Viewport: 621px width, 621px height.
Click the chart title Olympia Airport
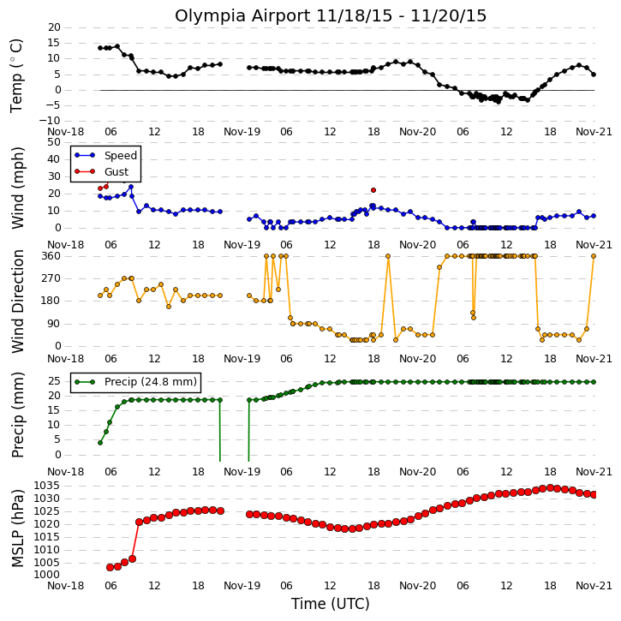(242, 16)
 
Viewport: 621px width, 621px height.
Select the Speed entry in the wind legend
(105, 156)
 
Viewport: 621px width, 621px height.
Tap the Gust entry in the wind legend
(102, 172)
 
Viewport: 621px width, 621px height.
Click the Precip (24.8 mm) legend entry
(136, 382)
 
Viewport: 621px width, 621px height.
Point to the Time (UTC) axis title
(331, 604)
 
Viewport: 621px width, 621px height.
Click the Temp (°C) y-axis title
(16, 75)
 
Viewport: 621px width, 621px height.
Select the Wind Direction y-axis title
(17, 302)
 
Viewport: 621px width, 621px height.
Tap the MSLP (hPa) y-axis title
(17, 528)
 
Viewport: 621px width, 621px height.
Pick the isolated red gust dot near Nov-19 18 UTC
(373, 190)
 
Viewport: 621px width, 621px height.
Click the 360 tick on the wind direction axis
(51, 256)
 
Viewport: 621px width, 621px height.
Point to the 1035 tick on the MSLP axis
(47, 486)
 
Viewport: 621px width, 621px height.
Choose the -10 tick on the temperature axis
(49, 121)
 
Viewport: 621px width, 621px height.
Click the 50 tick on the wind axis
(54, 142)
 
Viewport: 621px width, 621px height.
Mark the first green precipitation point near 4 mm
(100, 443)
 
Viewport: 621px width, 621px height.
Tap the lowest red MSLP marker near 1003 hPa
(110, 568)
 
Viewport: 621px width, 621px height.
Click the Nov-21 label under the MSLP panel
(594, 586)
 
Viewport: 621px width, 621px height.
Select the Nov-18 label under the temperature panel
(66, 132)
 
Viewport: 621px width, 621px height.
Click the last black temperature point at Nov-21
(594, 75)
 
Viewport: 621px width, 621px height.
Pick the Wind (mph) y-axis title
(17, 188)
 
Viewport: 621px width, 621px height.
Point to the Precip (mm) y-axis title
(17, 415)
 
